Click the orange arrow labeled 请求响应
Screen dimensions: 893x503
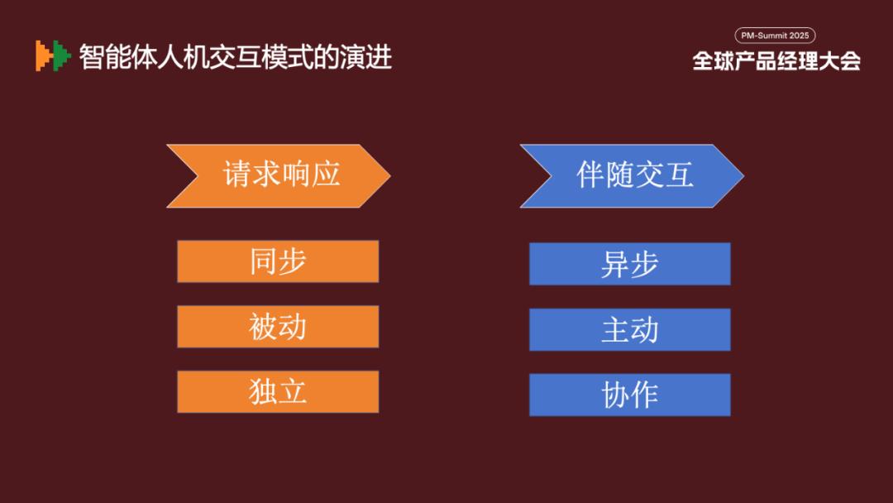279,175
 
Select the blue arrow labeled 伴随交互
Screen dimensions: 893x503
633,175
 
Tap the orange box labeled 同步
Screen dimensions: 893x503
278,261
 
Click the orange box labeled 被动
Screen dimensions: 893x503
278,327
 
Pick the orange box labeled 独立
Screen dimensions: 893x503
278,392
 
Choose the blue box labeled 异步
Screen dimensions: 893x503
630,264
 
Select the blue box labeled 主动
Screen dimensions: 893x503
630,329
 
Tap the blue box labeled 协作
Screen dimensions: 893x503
630,395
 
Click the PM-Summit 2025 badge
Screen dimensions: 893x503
775,36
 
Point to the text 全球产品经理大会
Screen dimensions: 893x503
776,61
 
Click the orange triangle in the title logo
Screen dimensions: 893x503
43,55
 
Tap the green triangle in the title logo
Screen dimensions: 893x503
62,55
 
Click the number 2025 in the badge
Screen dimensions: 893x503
799,36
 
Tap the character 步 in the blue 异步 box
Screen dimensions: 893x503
644,264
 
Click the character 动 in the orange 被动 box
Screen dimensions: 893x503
293,327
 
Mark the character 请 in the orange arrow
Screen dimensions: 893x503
237,174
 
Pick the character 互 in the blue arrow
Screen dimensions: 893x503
680,174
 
